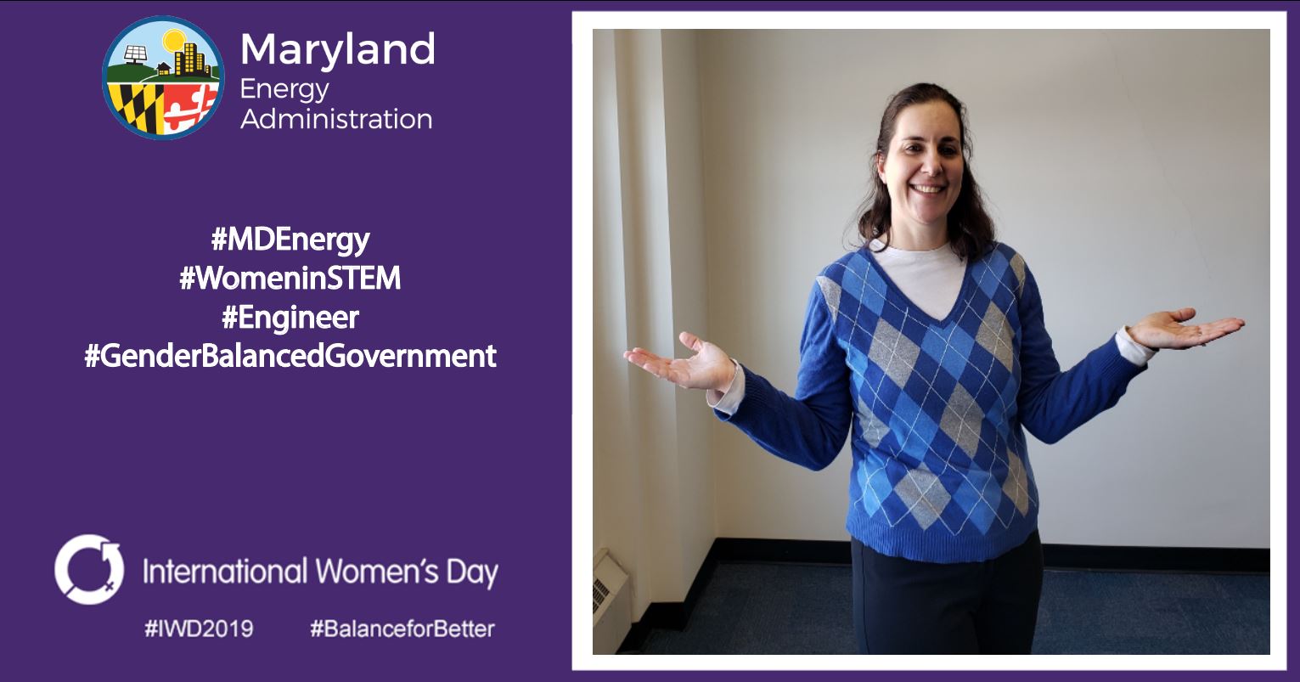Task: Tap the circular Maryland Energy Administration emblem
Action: click(x=164, y=77)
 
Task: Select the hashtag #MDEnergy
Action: click(x=290, y=240)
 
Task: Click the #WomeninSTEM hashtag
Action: click(x=290, y=278)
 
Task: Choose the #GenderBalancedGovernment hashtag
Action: click(x=290, y=356)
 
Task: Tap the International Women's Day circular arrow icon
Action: click(x=89, y=569)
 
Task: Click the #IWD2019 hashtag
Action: click(x=199, y=628)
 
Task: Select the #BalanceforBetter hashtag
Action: click(x=402, y=628)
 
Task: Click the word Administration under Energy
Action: click(x=336, y=120)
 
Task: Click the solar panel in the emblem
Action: click(x=135, y=54)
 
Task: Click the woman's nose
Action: click(x=932, y=164)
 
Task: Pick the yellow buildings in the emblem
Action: click(x=192, y=58)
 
